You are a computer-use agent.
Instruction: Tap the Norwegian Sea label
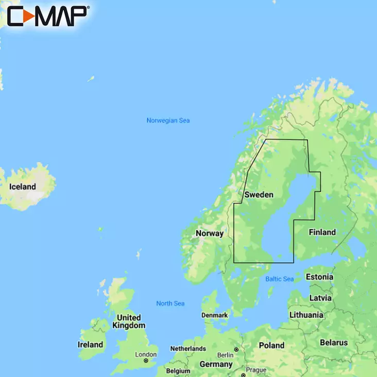coord(168,121)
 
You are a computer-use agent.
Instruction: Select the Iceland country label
coord(23,187)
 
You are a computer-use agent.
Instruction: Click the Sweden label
coord(259,195)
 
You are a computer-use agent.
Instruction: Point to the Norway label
coord(210,233)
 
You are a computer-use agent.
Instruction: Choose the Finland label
coord(322,232)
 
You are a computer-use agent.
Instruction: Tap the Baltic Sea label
coord(279,279)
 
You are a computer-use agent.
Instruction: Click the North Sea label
coord(170,303)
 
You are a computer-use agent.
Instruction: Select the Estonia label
coord(319,277)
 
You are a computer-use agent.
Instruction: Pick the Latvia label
coord(320,298)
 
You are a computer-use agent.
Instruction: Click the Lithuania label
coord(306,315)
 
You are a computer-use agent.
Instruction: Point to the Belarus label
coord(334,342)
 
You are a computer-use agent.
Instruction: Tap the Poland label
coord(271,345)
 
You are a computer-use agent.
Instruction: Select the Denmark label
coord(215,315)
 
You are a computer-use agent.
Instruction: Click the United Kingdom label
coord(128,321)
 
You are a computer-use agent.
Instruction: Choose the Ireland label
coord(90,344)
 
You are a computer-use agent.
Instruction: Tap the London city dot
coord(146,361)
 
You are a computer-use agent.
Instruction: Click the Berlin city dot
coord(236,350)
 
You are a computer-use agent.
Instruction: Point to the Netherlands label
coord(188,349)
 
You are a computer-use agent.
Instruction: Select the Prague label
coord(256,370)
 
